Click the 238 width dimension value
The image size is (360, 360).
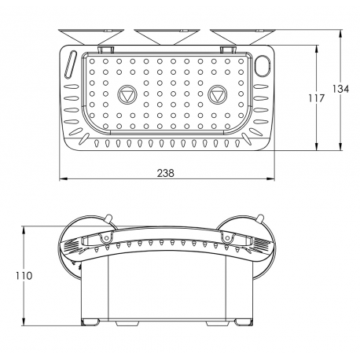[x=166, y=173]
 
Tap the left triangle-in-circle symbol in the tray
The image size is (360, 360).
[x=126, y=95]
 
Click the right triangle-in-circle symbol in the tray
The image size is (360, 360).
[x=219, y=95]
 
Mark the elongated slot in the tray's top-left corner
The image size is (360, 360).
[x=73, y=64]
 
